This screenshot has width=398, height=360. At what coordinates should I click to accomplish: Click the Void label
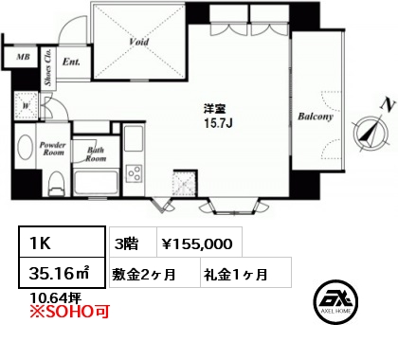coord(139,42)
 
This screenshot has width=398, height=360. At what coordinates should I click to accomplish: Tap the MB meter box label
coord(23,57)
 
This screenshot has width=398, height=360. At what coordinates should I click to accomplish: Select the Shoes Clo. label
coord(48,67)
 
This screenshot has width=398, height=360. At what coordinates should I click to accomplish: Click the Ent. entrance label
coord(71,62)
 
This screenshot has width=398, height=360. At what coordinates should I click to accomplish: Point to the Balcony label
coord(316,117)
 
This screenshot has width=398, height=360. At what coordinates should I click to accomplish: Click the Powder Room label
coord(53,149)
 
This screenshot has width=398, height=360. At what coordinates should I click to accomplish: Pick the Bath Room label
coord(96,154)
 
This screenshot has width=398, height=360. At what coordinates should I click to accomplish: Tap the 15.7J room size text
coord(218,123)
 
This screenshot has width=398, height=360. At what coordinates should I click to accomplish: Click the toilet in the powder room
coord(57,184)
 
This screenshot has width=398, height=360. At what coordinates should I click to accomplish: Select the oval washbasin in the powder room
coord(26,148)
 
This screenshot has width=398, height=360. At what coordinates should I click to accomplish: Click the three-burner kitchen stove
coord(134,173)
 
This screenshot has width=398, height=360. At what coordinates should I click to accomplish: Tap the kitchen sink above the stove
coord(134,138)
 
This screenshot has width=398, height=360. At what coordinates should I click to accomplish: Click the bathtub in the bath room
coord(96,183)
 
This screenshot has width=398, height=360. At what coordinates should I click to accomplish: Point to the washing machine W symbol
coord(27,106)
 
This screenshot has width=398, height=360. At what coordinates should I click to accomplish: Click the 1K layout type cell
coord(62,242)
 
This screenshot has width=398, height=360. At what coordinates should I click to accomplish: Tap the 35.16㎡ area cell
coord(62,273)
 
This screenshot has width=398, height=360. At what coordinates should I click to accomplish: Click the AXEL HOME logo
coord(335,301)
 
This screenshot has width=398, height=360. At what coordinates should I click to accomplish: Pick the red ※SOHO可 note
coord(69,312)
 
